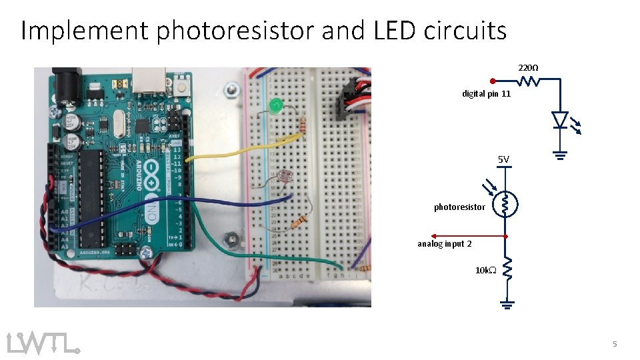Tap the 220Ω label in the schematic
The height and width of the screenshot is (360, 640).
click(529, 68)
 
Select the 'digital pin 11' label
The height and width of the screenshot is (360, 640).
click(486, 94)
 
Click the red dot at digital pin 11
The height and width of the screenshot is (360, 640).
click(491, 81)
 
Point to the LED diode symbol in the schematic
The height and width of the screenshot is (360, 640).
click(560, 120)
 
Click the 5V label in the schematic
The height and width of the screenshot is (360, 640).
click(503, 159)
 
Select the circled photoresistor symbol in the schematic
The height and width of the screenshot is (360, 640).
click(506, 204)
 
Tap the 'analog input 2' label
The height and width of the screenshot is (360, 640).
click(444, 244)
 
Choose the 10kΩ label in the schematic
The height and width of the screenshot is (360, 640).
click(485, 271)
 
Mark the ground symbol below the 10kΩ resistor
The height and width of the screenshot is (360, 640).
click(507, 305)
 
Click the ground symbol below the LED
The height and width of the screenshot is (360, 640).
click(560, 155)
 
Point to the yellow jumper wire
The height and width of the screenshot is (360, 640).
click(240, 150)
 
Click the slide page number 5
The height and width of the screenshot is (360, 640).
click(615, 344)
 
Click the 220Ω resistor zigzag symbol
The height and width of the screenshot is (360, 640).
click(529, 81)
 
